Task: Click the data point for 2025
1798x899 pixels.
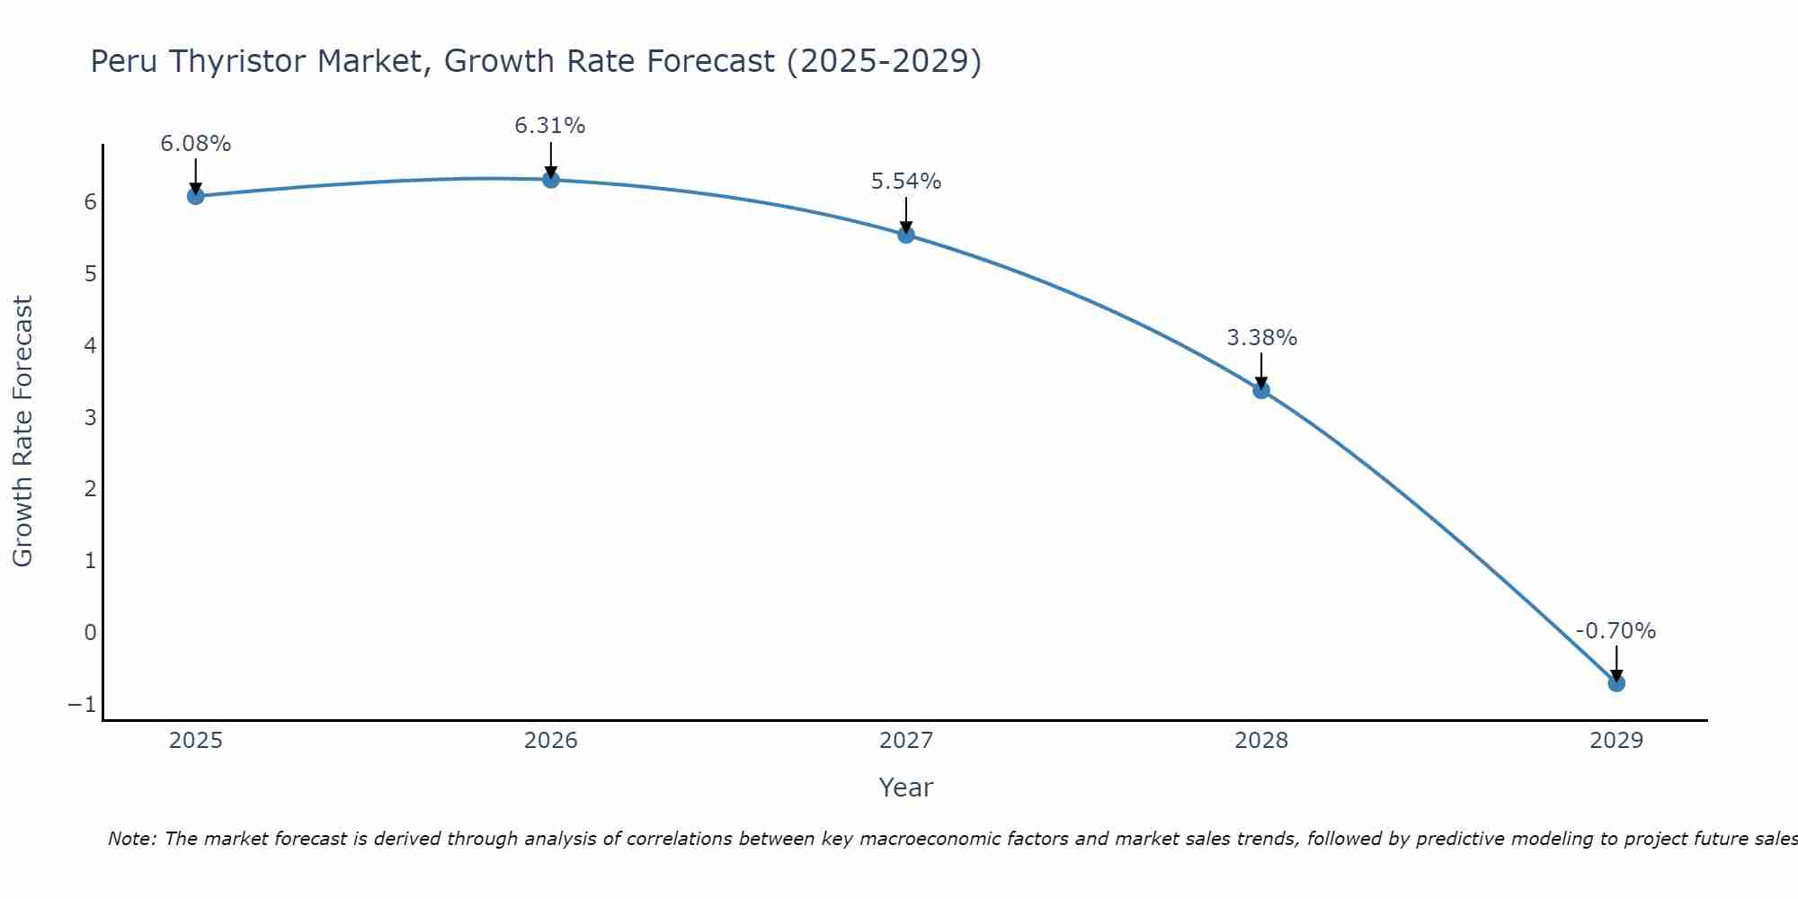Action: pyautogui.click(x=196, y=196)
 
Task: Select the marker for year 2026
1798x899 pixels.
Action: pyautogui.click(x=551, y=180)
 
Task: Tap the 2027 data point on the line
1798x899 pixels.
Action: pyautogui.click(x=906, y=235)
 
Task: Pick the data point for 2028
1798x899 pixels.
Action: pyautogui.click(x=1261, y=390)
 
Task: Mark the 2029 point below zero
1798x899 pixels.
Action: pyautogui.click(x=1616, y=683)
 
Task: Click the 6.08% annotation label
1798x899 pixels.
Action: pyautogui.click(x=196, y=144)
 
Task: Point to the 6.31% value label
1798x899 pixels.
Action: pyautogui.click(x=550, y=126)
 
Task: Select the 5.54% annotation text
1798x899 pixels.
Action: pyautogui.click(x=906, y=182)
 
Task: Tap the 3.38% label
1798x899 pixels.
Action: pyautogui.click(x=1262, y=338)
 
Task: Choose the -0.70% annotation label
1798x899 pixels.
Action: pyautogui.click(x=1616, y=631)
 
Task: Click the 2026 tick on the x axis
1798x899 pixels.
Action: pyautogui.click(x=551, y=741)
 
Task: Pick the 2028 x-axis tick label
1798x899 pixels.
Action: pyautogui.click(x=1261, y=741)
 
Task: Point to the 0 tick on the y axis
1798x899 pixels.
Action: pyautogui.click(x=90, y=632)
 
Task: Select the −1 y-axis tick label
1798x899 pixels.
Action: pyautogui.click(x=82, y=704)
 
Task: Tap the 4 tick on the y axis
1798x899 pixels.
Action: pyautogui.click(x=90, y=345)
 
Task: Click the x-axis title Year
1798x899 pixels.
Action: pyautogui.click(x=906, y=788)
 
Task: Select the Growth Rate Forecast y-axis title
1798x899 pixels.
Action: pyautogui.click(x=22, y=431)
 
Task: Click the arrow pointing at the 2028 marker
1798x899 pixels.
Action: pyautogui.click(x=1261, y=370)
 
